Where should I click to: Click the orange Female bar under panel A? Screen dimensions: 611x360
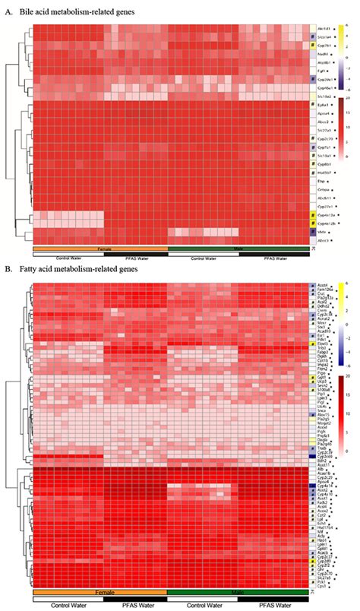click(x=99, y=249)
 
